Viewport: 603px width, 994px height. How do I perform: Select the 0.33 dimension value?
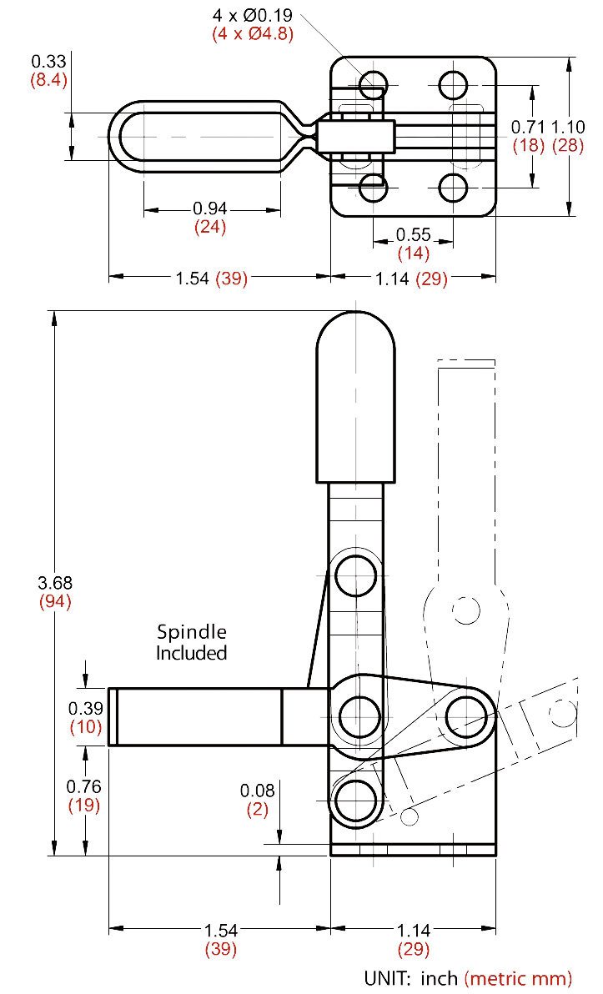48,62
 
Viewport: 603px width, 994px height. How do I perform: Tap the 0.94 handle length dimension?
210,208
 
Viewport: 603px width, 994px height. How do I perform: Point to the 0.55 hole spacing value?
414,234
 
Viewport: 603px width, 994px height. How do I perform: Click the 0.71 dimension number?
528,127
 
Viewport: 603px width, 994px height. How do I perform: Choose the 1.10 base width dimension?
567,127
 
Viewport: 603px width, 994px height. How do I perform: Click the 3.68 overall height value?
55,582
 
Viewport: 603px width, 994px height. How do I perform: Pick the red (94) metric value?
55,601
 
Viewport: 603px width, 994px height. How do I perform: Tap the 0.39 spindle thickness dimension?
85,707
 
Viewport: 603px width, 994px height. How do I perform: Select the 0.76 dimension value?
83,786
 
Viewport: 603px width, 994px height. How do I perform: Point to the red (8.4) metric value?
48,81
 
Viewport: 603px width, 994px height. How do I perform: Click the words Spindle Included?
192,642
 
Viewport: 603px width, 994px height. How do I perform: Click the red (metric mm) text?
518,977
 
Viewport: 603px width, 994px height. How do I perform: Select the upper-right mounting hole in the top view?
454,84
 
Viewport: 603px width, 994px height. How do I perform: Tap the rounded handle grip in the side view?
356,397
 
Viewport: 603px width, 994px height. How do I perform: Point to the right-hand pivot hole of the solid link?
467,716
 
